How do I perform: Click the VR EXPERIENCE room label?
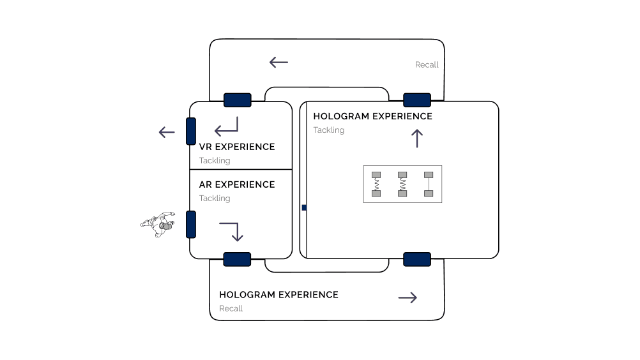pos(236,147)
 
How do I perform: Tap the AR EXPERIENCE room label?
pos(236,184)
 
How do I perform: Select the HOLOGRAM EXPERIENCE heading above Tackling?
pos(372,116)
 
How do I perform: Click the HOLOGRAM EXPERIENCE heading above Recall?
pos(278,295)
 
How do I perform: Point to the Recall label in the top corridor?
pos(427,65)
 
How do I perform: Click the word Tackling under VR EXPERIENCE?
pos(214,161)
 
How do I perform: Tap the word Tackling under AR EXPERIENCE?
pos(214,199)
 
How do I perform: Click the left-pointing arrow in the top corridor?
pos(278,63)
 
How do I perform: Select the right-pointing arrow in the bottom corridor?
pos(408,297)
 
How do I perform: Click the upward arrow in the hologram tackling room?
pos(417,138)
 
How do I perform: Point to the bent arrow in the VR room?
pos(227,127)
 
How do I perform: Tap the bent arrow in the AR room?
pos(231,231)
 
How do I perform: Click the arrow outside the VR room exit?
pos(167,133)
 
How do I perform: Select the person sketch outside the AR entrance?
pos(158,223)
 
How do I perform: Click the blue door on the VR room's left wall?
pos(190,131)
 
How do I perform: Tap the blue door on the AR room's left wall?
pos(190,224)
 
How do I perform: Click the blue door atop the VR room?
pos(237,100)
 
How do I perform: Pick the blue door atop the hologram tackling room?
pos(417,100)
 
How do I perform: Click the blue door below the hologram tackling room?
pos(417,259)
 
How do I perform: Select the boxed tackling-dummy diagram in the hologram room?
pos(402,184)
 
